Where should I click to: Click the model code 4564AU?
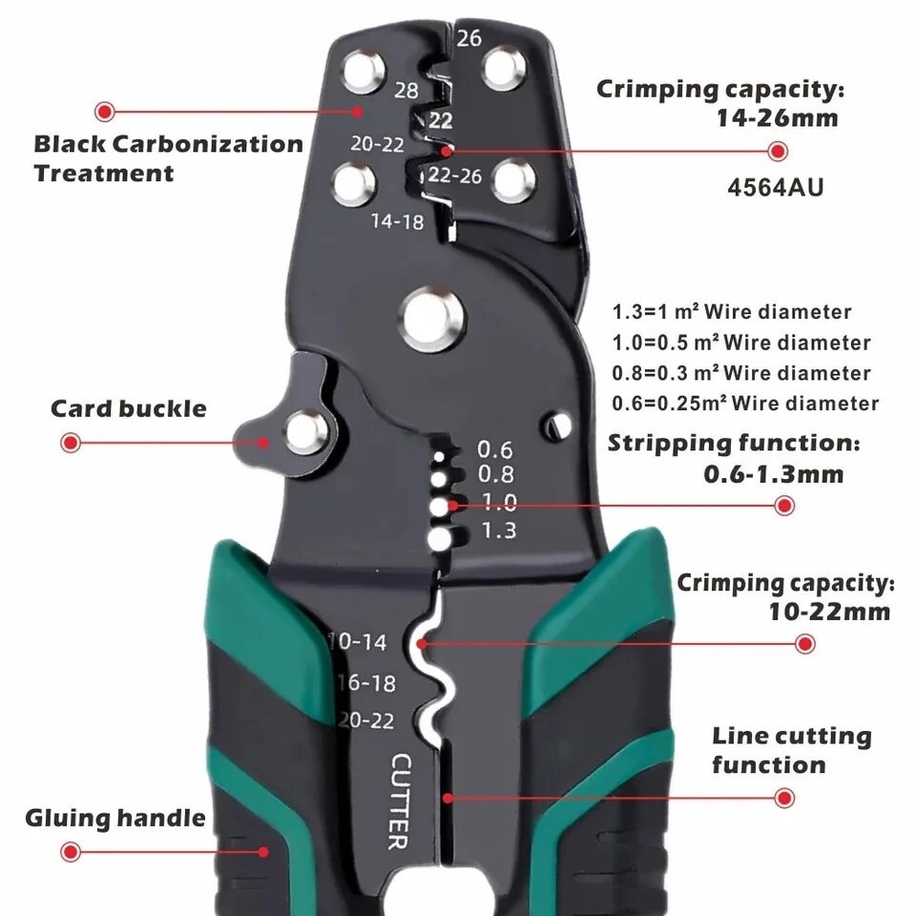[x=775, y=187]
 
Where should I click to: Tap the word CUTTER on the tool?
[x=400, y=801]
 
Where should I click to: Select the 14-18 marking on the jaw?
[x=398, y=221]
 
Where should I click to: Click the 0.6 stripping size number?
[x=494, y=448]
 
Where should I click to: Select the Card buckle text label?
[x=128, y=409]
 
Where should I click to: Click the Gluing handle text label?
[x=114, y=818]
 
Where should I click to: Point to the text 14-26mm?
[x=778, y=119]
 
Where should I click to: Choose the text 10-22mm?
[x=829, y=612]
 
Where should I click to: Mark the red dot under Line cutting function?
[x=784, y=798]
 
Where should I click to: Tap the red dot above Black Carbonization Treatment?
[x=105, y=110]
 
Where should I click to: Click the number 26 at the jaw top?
[x=468, y=38]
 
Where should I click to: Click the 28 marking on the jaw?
[x=406, y=91]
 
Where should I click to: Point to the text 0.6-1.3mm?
[x=773, y=474]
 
